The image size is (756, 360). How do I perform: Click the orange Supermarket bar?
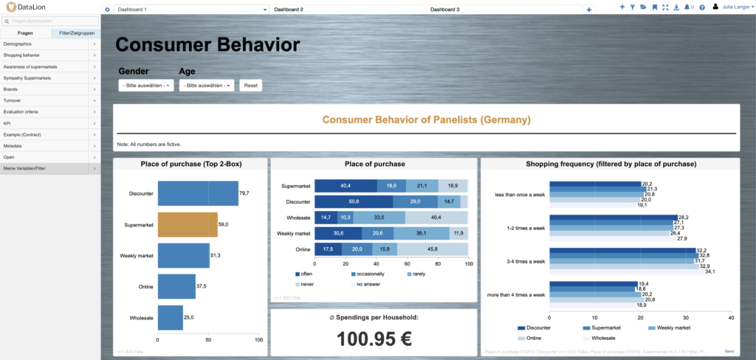click(x=188, y=224)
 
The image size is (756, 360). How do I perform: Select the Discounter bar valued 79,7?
click(x=198, y=193)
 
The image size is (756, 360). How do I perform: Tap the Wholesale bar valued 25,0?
click(x=171, y=317)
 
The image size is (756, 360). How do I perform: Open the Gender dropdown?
click(x=145, y=86)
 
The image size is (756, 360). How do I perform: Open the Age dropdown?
click(x=206, y=86)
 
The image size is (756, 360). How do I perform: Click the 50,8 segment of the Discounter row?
click(x=354, y=201)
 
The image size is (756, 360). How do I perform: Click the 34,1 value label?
click(x=709, y=271)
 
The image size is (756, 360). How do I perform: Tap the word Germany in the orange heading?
click(x=502, y=120)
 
